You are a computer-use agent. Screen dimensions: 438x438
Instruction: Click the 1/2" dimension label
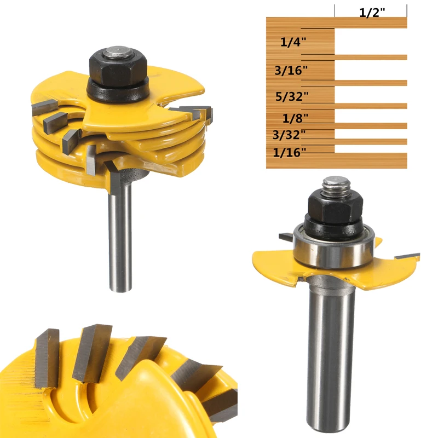(x=372, y=11)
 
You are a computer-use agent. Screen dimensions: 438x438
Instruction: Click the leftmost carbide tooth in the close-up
(x=46, y=359)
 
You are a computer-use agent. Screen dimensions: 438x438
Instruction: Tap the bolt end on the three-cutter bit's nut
(x=116, y=53)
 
